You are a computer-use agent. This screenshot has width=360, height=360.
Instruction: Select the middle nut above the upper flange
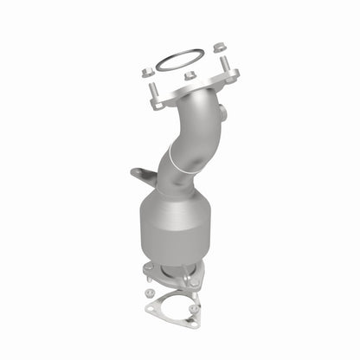point(190,74)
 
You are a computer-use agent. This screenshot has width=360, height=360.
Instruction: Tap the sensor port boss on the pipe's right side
point(223,112)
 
